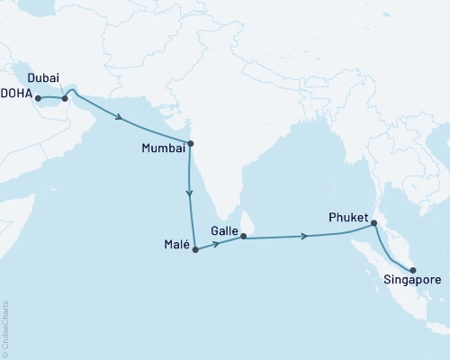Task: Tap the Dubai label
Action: coord(43,77)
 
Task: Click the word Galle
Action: coord(224,231)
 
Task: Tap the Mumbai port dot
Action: coord(190,143)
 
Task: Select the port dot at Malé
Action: coord(194,246)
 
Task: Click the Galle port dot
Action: coord(243,237)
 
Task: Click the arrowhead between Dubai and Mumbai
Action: coord(121,116)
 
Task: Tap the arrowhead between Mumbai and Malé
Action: coord(190,193)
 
